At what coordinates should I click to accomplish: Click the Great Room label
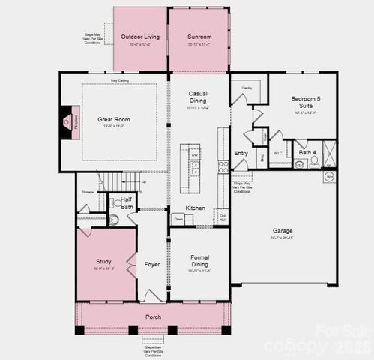[x=114, y=119]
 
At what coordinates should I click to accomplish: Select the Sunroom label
[x=199, y=37]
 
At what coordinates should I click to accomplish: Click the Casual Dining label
[x=198, y=96]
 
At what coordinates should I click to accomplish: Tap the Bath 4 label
[x=307, y=153]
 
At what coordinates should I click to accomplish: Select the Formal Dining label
[x=199, y=261]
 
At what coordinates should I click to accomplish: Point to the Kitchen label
[x=195, y=208]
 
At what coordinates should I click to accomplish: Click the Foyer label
[x=152, y=263]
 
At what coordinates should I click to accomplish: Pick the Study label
[x=103, y=261]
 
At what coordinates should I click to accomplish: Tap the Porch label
[x=153, y=316]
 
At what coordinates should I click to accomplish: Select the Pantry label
[x=247, y=88]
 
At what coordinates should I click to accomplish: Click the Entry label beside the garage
[x=241, y=153]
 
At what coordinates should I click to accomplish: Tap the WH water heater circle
[x=329, y=177]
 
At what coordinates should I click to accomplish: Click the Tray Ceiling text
[x=119, y=79]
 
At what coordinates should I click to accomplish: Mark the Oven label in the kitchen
[x=178, y=219]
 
